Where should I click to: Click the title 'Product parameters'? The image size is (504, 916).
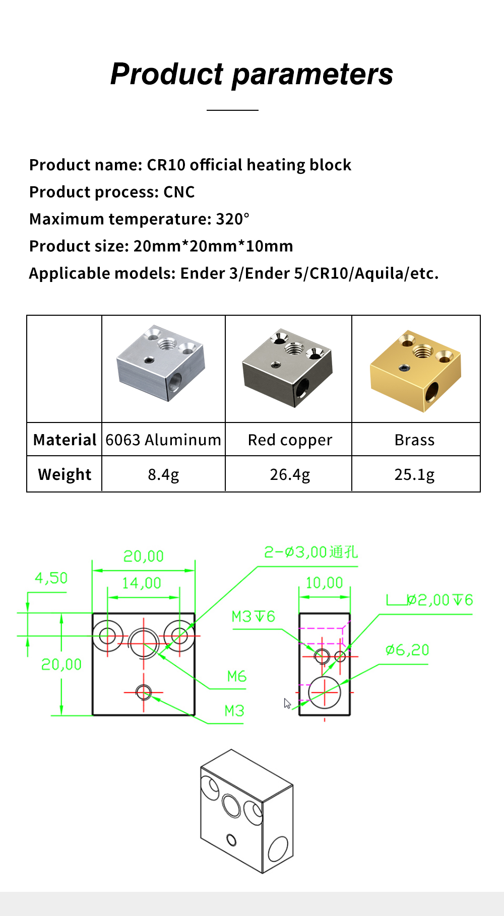(x=251, y=74)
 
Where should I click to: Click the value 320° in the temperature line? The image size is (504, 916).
(x=232, y=219)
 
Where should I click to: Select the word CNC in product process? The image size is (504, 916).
(x=179, y=192)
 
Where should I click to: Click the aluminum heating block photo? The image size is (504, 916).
(x=161, y=363)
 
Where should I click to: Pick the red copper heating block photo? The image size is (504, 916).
(x=287, y=368)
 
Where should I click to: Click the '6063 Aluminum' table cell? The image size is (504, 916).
(x=163, y=440)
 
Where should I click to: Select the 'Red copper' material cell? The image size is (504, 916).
(x=290, y=440)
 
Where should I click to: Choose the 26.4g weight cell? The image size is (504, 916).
(x=290, y=474)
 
